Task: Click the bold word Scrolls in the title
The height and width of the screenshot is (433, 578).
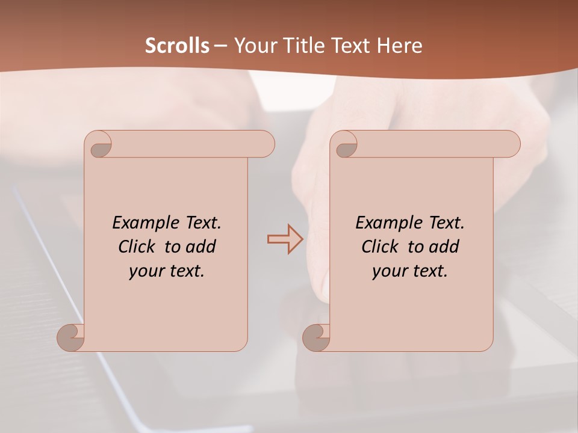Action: (178, 46)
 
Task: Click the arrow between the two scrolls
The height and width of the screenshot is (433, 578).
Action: (285, 239)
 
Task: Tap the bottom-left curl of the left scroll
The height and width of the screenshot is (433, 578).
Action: (71, 337)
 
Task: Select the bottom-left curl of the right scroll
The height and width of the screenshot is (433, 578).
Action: (316, 337)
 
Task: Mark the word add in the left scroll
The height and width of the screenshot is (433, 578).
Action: (200, 247)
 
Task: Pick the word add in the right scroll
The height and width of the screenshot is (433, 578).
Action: (444, 247)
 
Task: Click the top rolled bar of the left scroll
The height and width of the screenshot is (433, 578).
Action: (193, 144)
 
